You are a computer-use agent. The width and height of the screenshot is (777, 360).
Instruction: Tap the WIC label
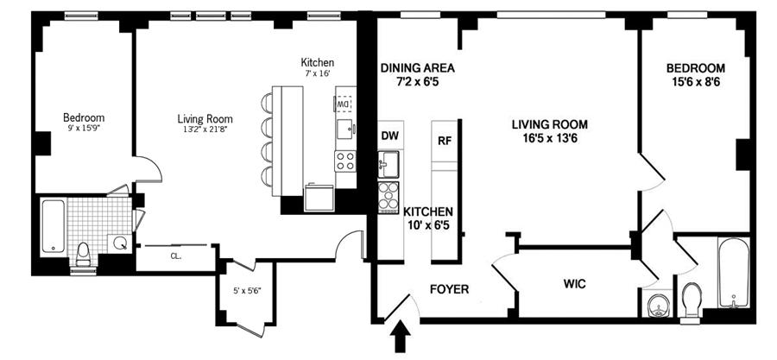(575, 284)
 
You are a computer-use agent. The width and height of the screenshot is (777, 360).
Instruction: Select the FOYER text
(449, 289)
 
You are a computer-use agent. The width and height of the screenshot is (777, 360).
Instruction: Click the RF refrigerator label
(445, 140)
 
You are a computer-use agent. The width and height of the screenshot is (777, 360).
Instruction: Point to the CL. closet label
(175, 256)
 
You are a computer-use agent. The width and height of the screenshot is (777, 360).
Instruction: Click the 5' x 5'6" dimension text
(247, 292)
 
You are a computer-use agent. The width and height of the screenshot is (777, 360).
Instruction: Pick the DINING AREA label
(417, 68)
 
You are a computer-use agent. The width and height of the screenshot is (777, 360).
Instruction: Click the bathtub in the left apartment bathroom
(53, 226)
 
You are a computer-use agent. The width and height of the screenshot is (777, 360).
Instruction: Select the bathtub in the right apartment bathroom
(733, 273)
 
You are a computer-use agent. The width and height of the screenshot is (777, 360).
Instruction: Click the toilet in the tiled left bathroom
(83, 256)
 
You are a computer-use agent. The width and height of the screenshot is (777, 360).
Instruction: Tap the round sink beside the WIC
(658, 306)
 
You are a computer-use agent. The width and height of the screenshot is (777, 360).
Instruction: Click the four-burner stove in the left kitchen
(344, 161)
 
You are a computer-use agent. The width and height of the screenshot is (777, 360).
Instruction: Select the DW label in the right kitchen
(390, 135)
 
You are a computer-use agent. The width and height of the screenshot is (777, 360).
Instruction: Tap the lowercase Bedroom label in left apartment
(84, 118)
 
